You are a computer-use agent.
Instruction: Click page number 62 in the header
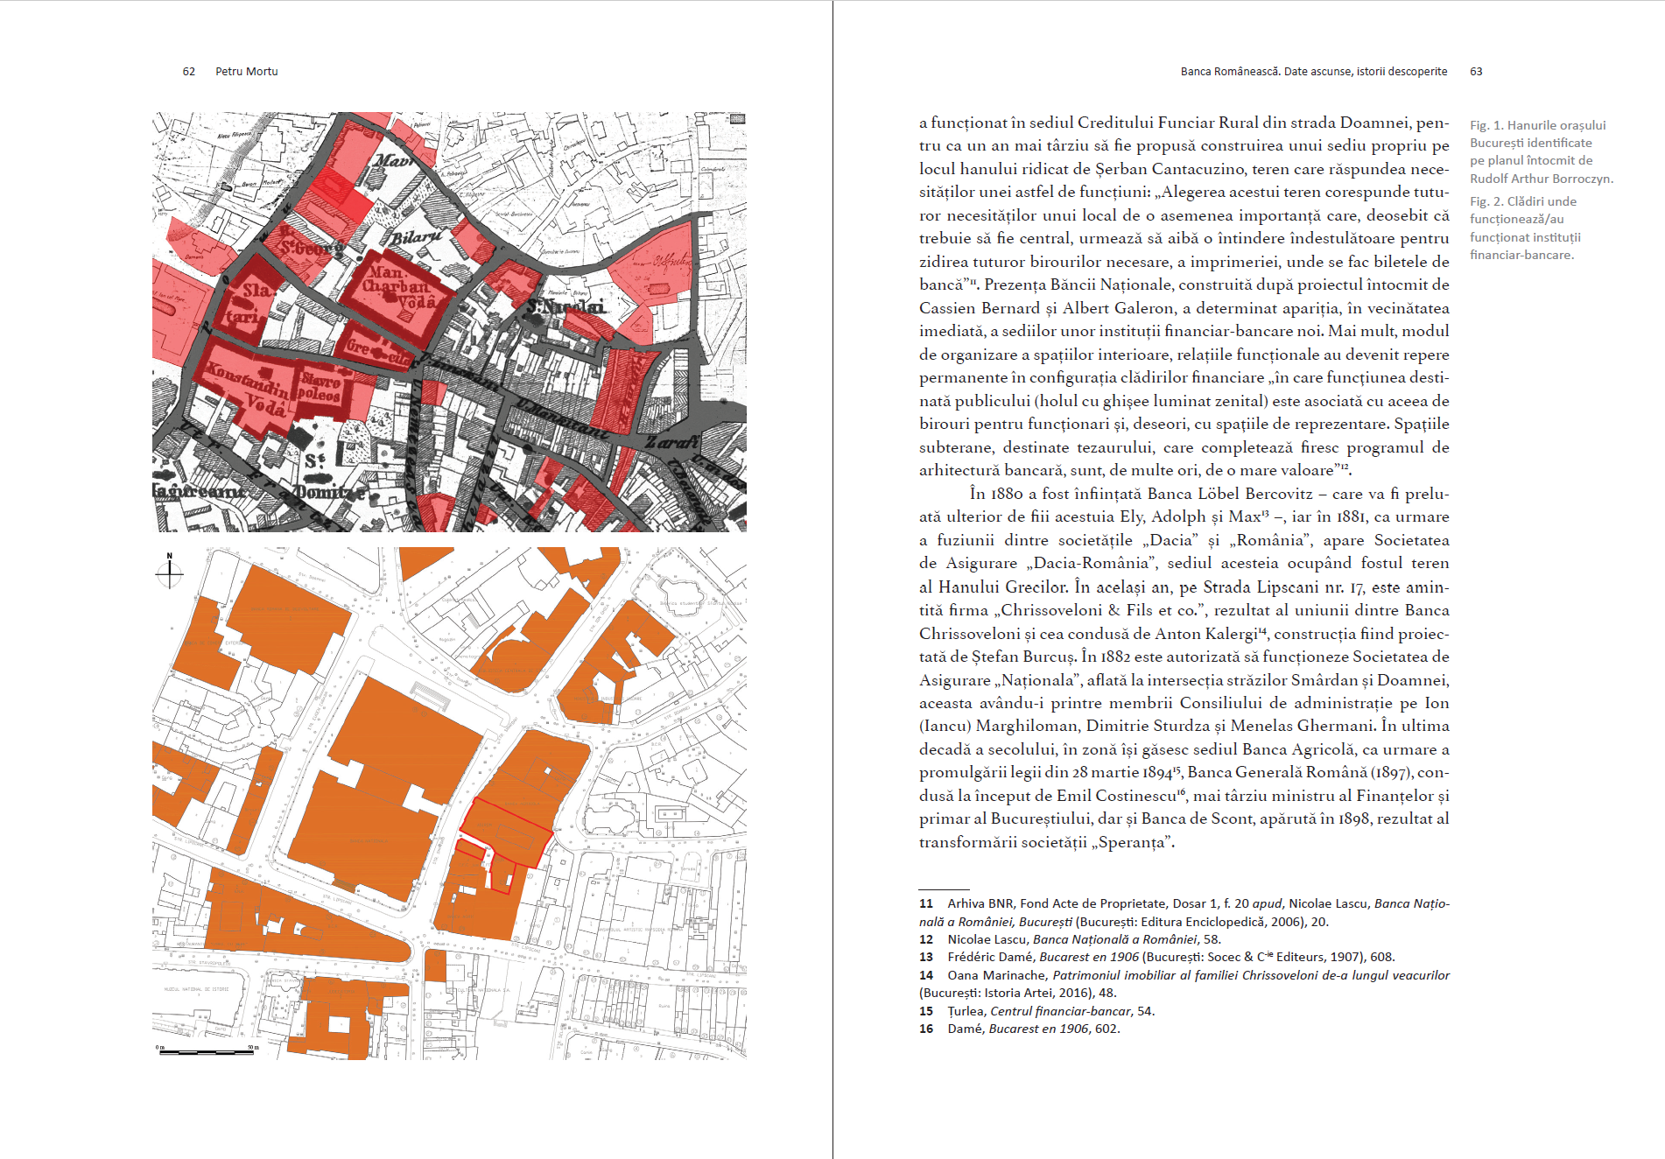pos(188,72)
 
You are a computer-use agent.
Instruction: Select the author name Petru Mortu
pos(246,72)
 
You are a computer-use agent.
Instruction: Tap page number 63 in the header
pos(1476,72)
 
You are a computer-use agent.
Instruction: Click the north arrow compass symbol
pos(169,572)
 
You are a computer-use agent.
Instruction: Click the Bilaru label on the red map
pos(416,237)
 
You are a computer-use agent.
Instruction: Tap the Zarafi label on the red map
pos(672,443)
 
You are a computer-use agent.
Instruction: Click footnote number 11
pos(925,903)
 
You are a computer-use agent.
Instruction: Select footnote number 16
pos(925,1029)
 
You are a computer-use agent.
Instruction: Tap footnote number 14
pos(925,975)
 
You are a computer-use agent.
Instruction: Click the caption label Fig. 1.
pos(1486,125)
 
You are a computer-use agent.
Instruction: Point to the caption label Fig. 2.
pos(1486,201)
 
